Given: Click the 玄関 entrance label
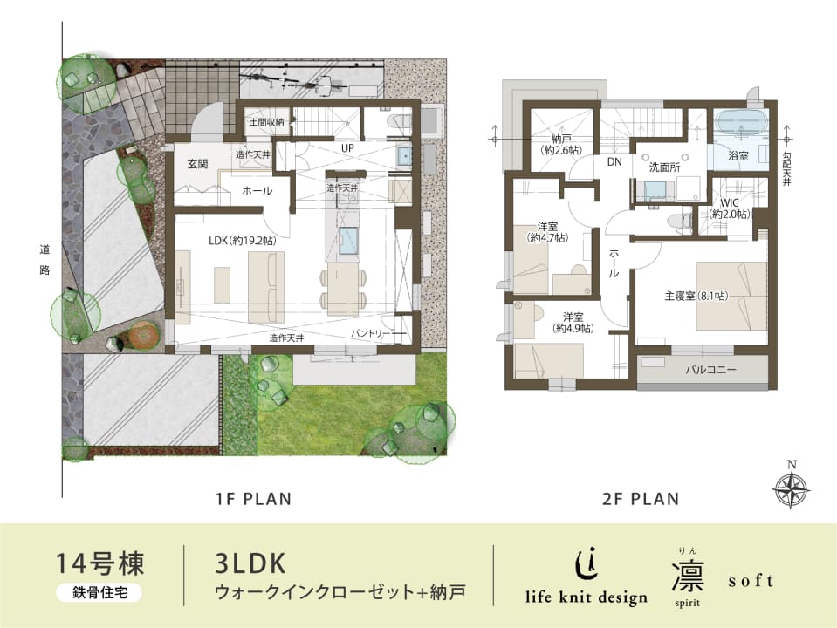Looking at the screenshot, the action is [x=197, y=164].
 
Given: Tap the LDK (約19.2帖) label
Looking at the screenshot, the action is [x=243, y=241].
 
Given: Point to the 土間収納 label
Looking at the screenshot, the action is [x=267, y=123].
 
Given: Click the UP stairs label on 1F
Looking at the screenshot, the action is [x=347, y=147].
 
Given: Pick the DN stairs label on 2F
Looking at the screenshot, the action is [x=614, y=161].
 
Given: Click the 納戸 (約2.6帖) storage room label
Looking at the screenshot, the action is [x=560, y=145].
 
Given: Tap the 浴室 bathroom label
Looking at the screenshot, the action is [x=738, y=156].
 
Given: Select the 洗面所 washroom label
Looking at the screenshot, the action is [x=664, y=167].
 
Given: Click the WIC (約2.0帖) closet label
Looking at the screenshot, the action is [x=729, y=208].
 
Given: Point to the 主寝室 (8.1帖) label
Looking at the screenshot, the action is [x=696, y=295].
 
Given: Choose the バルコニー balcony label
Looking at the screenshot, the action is [x=710, y=369].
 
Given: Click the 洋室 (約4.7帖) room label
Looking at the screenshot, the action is [x=547, y=232].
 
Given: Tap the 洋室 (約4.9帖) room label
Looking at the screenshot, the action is [x=573, y=323].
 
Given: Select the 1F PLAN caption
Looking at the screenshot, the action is [x=254, y=499].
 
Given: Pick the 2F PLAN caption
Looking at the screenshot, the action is [x=641, y=499].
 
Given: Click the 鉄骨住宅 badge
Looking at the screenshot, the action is [x=99, y=592].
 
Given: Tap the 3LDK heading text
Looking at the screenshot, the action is [x=250, y=563].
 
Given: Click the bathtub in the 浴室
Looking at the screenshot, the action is [x=740, y=122].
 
